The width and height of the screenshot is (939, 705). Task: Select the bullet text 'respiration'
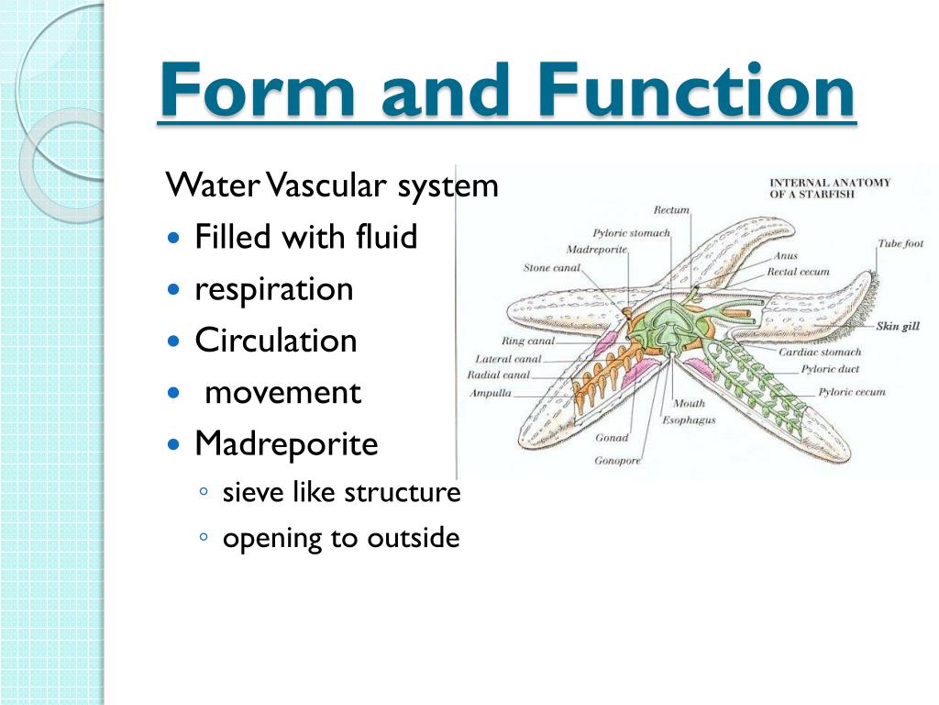pyautogui.click(x=273, y=289)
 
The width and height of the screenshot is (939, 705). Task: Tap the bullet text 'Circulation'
pyautogui.click(x=275, y=341)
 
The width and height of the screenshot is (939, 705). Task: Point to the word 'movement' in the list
pyautogui.click(x=282, y=393)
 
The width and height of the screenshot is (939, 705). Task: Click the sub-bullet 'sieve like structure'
pyautogui.click(x=341, y=492)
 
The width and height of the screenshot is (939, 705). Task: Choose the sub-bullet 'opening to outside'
pyautogui.click(x=340, y=538)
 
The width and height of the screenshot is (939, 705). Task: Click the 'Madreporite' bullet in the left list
pyautogui.click(x=286, y=444)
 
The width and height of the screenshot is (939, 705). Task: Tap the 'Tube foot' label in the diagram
pyautogui.click(x=900, y=243)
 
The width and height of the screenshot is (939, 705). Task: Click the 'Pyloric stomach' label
pyautogui.click(x=631, y=233)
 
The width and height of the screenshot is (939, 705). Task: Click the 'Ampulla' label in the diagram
pyautogui.click(x=490, y=392)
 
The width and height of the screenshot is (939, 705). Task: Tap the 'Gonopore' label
pyautogui.click(x=617, y=460)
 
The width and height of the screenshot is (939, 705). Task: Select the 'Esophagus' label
pyautogui.click(x=689, y=420)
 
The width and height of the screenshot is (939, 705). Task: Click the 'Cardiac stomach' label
pyautogui.click(x=820, y=352)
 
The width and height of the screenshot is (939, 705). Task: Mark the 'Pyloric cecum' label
pyautogui.click(x=852, y=392)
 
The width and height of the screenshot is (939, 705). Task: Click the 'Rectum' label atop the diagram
pyautogui.click(x=671, y=211)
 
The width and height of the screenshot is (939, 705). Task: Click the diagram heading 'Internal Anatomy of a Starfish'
pyautogui.click(x=829, y=188)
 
